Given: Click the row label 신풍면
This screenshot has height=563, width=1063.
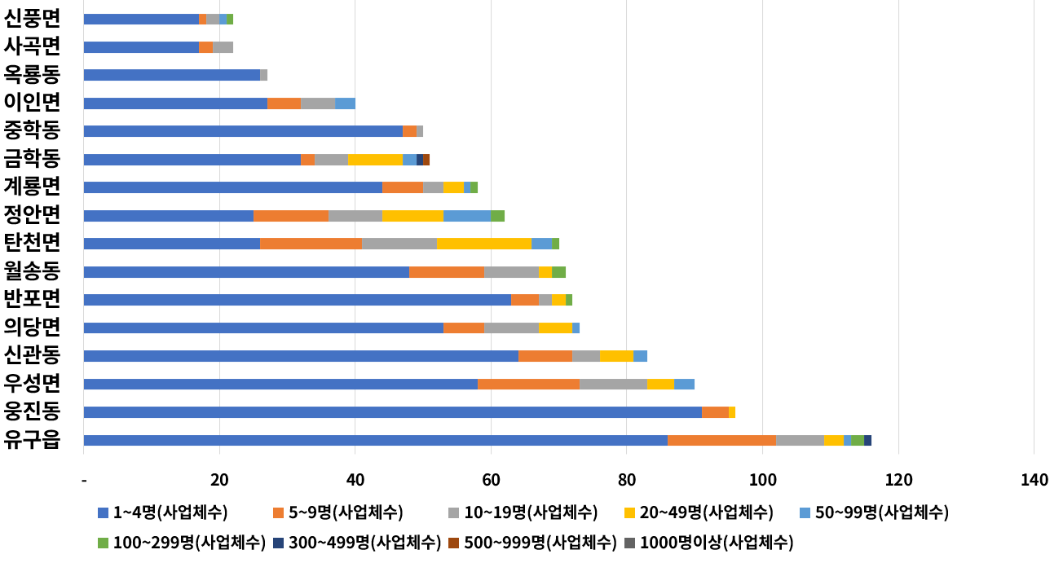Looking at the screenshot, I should point(32,18).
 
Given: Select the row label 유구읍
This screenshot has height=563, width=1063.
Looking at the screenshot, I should point(32,440).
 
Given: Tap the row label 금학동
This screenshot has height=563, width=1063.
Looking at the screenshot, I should point(32,159).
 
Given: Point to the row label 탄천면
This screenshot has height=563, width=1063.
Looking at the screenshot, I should point(32,243).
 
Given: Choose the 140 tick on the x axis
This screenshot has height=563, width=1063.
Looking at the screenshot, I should point(1034,481).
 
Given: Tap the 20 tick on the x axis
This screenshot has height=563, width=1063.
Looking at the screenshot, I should point(219,481).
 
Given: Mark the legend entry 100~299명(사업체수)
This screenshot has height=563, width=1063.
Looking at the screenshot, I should point(181,542).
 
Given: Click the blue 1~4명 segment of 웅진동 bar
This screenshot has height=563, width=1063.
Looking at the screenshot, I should point(392,412).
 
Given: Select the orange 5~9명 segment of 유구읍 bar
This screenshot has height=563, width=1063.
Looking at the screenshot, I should point(721,440).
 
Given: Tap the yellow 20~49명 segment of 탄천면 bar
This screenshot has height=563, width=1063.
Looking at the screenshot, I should point(483,243).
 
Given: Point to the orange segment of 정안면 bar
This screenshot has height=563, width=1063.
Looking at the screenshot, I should point(291,215).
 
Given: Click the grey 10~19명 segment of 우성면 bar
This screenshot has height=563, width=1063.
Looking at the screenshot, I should point(613,384).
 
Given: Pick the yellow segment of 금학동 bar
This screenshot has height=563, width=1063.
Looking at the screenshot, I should point(375,159).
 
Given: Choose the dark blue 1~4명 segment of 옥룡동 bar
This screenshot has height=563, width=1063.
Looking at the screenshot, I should point(171,75).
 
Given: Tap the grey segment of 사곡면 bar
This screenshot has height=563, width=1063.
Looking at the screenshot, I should point(223,46).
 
